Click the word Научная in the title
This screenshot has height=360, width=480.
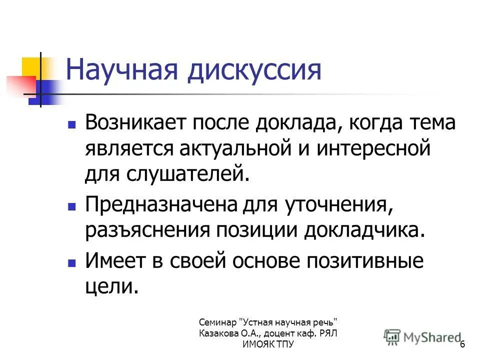[120, 70]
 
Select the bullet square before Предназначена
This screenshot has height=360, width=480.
[72, 205]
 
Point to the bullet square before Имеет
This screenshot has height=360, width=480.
[72, 261]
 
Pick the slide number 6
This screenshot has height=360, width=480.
[462, 344]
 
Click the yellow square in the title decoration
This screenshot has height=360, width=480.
[31, 66]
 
